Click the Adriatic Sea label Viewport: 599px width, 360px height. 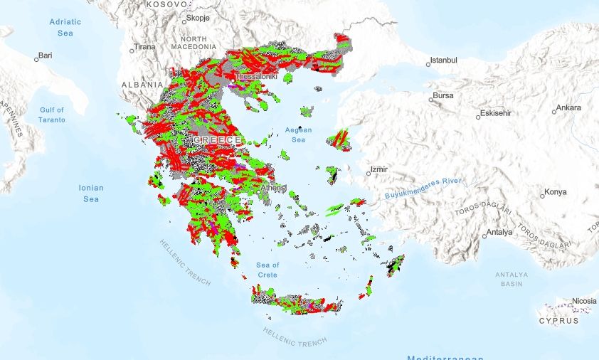tap(65, 26)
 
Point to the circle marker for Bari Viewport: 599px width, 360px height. tap(37, 56)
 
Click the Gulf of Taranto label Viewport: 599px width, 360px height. tap(52, 115)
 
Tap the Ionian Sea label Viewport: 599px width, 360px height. tap(91, 194)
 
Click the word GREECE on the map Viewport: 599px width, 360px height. tap(218, 140)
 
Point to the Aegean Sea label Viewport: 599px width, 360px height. tap(298, 135)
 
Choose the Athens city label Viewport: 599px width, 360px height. tap(273, 189)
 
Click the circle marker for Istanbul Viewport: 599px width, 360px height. tap(428, 64)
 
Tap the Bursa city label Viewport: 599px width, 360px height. tap(442, 96)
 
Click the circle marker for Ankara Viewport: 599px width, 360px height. tap(554, 111)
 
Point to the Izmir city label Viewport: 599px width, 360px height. tap(378, 170)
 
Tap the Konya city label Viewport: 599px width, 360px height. tap(555, 193)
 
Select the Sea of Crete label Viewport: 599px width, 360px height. tap(267, 270)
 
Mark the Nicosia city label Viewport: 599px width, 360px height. tap(583, 301)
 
